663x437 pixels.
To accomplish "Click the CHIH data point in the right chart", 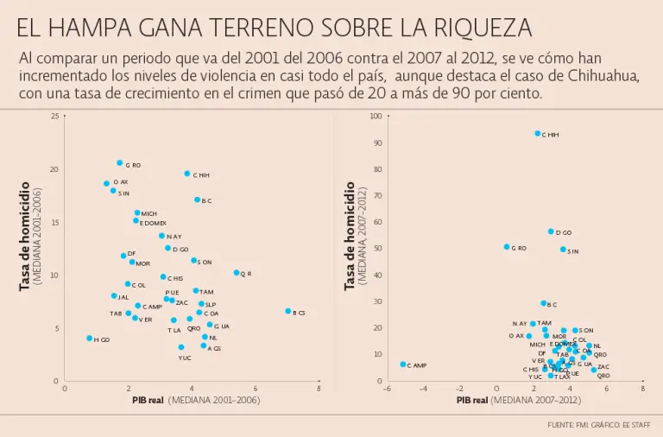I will coord(537,134).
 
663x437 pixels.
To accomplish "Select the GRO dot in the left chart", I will coord(120,163).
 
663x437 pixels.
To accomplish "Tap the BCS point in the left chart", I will coord(288,311).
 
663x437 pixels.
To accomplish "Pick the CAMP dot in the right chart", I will coord(403,364).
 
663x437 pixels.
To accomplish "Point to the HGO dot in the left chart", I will coord(90,339).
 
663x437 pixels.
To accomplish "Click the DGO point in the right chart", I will coord(551,231).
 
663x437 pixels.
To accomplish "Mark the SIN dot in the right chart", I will coord(563,250).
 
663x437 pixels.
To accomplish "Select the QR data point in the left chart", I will coord(237,273).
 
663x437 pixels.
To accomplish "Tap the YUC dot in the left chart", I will coord(181,347).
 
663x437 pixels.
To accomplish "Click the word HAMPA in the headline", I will coord(99,28).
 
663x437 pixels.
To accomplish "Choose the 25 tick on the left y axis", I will coord(55,116).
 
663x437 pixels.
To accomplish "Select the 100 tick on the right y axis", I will coord(376,116).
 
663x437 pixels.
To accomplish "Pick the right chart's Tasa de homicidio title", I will coord(350,235).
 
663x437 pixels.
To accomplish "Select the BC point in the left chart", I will coord(197,199).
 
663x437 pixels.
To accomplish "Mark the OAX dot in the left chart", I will coord(107,183).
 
